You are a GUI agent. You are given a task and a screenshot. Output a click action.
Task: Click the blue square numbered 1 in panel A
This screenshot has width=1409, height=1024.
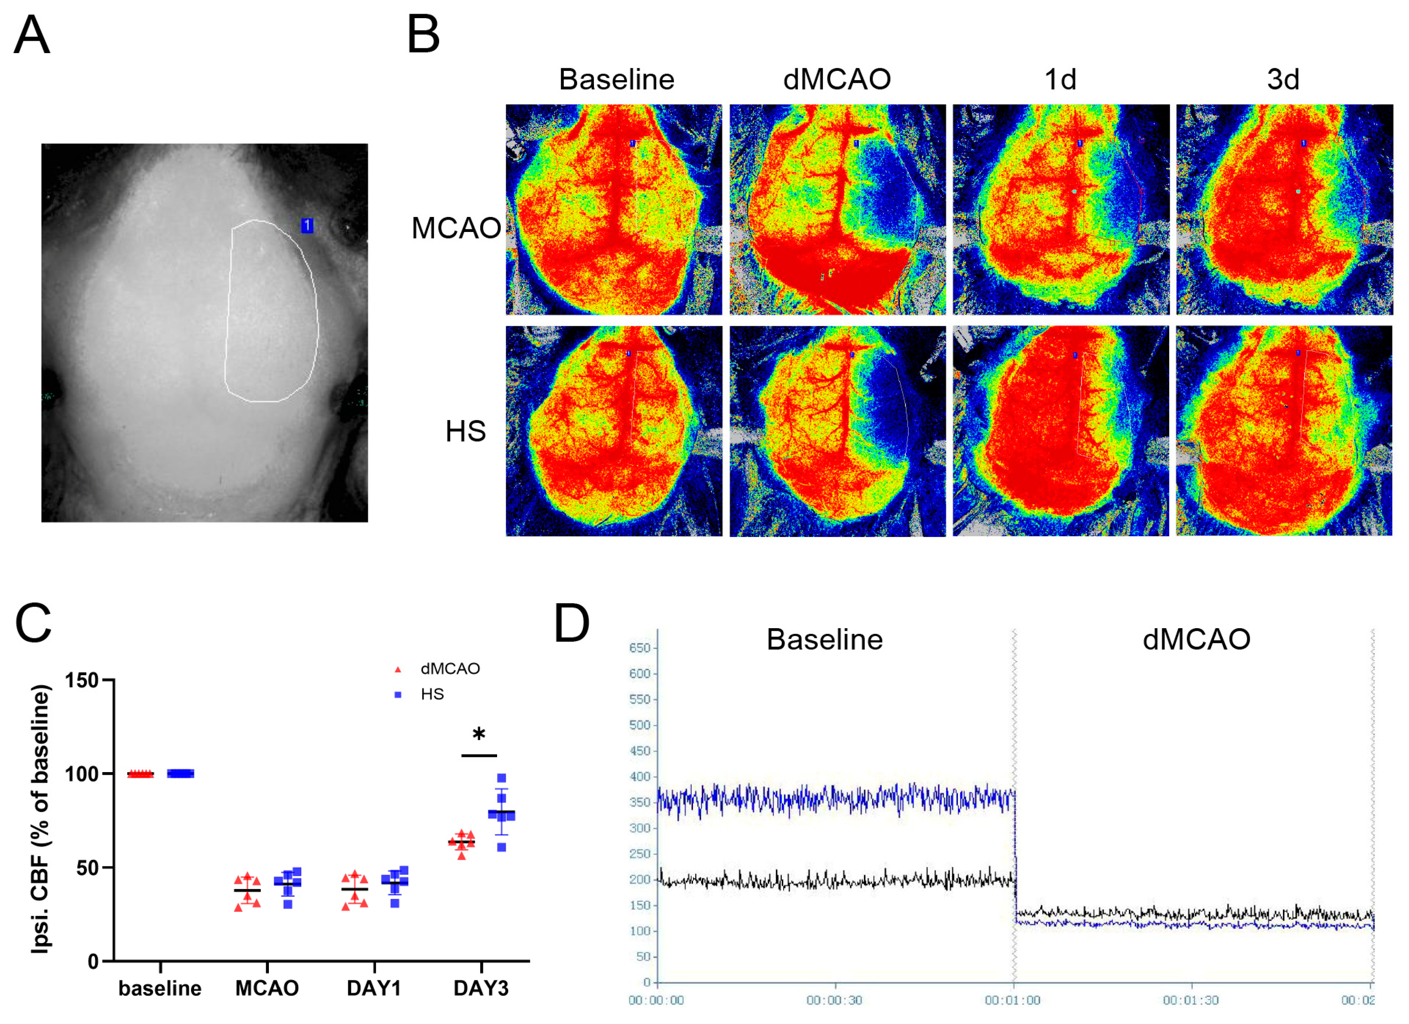coord(307,226)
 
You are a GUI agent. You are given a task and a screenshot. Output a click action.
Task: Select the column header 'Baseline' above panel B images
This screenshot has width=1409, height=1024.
coord(616,80)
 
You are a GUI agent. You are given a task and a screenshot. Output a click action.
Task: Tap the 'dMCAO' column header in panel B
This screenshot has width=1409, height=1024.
coord(837,80)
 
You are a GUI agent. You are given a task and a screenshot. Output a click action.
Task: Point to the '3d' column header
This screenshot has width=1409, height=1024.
coord(1282,80)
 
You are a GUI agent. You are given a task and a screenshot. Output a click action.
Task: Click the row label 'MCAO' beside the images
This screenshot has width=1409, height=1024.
coord(456,228)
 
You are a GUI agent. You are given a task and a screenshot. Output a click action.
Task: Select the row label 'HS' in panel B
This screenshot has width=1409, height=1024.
coord(465,431)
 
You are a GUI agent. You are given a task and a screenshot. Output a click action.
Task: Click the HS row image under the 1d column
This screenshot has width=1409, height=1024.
coord(1061,431)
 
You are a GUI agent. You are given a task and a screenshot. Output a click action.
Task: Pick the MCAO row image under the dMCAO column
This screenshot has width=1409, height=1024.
coord(837,209)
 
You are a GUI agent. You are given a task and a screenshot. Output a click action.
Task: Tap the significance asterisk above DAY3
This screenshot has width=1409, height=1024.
coord(479,735)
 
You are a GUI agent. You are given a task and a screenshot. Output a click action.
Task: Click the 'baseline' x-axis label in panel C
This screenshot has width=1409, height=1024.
coord(160,988)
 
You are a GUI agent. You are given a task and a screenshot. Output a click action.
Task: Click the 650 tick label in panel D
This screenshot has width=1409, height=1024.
coord(639,648)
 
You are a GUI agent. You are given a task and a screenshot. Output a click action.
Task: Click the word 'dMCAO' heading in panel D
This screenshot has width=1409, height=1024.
coord(1196,639)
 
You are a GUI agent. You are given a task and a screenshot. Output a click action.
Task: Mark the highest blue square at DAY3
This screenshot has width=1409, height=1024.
coord(502,778)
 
